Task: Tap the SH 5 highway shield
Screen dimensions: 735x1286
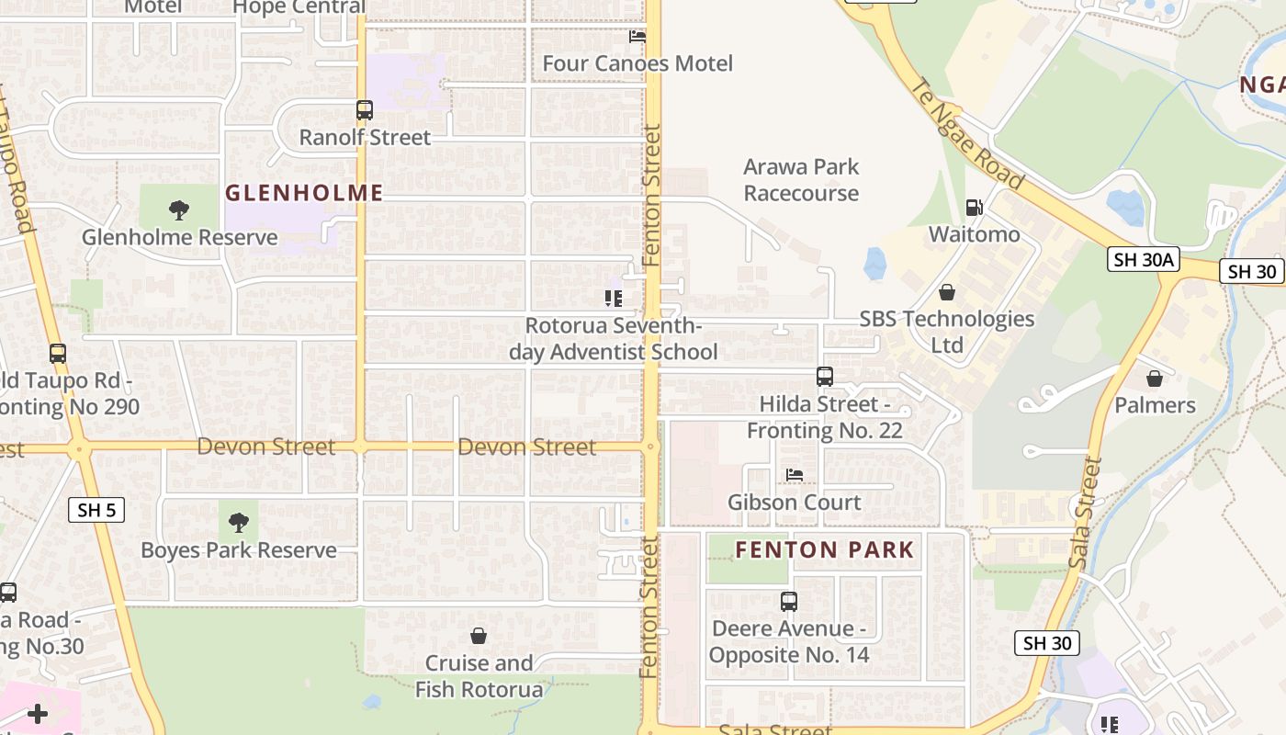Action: [x=96, y=510]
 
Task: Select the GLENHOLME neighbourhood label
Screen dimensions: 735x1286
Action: [x=304, y=193]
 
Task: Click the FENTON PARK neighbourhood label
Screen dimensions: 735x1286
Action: [x=825, y=550]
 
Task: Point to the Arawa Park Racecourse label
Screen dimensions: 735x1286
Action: [x=801, y=180]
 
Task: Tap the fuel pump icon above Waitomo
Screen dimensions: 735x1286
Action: [x=974, y=209]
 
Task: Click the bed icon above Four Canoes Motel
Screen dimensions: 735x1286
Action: [x=637, y=37]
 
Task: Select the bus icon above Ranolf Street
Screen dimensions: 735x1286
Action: [x=365, y=110]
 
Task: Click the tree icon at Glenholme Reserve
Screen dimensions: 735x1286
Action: [x=179, y=210]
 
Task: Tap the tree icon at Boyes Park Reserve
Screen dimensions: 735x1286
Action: [x=239, y=523]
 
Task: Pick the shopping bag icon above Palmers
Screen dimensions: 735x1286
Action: [x=1155, y=379]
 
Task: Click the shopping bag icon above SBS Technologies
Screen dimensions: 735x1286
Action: [x=947, y=292]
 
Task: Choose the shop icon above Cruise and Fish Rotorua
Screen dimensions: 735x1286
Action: [x=479, y=636]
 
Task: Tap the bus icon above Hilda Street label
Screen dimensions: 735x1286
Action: [x=825, y=377]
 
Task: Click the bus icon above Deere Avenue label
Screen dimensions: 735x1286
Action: [x=788, y=602]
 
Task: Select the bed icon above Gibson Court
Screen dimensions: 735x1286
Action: [x=795, y=475]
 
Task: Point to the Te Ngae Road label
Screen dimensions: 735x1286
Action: [x=965, y=134]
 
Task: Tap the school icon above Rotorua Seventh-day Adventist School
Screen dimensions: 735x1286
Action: [x=613, y=299]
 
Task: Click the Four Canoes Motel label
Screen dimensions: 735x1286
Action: [x=637, y=63]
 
